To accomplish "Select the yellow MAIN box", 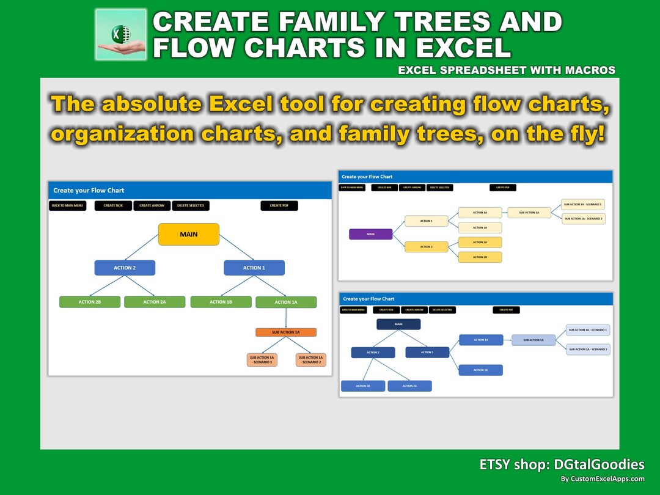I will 188,234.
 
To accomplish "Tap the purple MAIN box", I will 370,234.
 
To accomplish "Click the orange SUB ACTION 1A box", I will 285,332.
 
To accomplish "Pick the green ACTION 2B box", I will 90,302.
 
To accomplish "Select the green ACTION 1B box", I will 221,302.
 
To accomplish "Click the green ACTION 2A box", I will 155,302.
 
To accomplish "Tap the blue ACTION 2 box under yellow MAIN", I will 125,268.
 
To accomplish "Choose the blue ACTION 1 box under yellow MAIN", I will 254,268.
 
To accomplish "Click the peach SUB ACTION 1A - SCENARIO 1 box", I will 262,359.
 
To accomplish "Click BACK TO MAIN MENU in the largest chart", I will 67,206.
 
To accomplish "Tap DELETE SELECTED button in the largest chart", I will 191,206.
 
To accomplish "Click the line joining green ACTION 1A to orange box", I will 286,318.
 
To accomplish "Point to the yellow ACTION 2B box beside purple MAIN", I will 480,257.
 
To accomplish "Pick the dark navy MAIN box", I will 398,324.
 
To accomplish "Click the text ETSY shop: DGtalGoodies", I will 562,465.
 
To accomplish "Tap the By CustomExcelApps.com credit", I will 603,479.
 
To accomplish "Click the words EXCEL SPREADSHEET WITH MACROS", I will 507,70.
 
